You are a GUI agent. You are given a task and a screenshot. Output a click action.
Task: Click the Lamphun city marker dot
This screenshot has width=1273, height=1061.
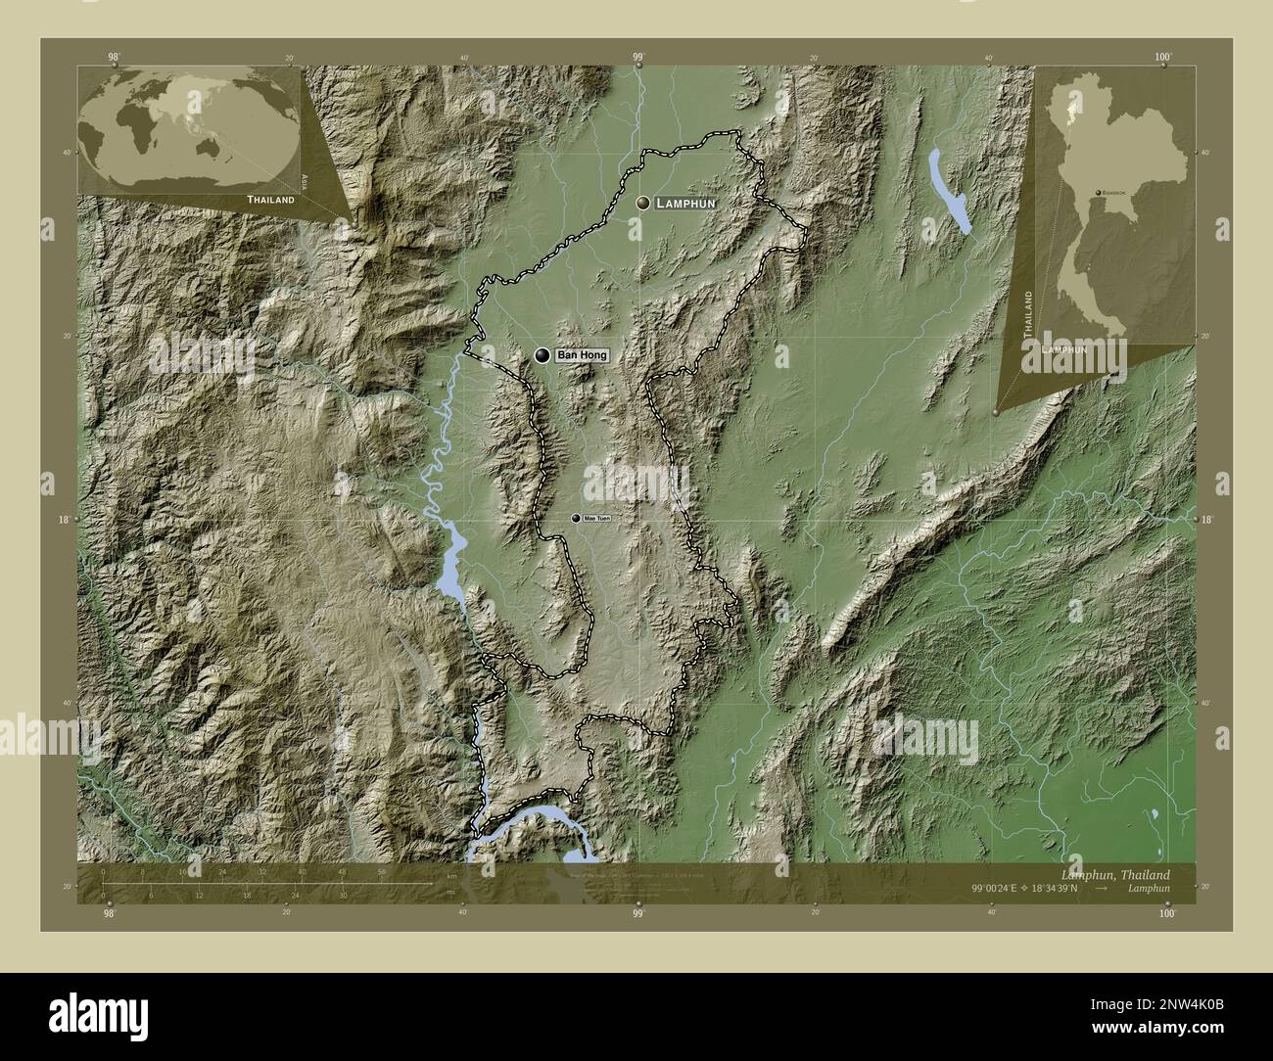pyautogui.click(x=642, y=203)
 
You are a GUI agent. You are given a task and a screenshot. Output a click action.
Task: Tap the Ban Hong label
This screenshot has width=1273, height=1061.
pyautogui.click(x=582, y=355)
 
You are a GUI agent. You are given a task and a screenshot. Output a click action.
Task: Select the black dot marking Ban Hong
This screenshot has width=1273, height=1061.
pyautogui.click(x=542, y=355)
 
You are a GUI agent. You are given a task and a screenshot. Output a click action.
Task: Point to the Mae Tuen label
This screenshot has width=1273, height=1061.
pyautogui.click(x=596, y=518)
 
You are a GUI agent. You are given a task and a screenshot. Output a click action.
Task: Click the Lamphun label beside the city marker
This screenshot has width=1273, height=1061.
pyautogui.click(x=687, y=203)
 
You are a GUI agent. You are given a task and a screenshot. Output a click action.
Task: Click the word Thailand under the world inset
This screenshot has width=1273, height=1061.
pyautogui.click(x=270, y=199)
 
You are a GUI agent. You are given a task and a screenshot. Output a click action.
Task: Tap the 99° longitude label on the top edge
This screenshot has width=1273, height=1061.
pyautogui.click(x=637, y=58)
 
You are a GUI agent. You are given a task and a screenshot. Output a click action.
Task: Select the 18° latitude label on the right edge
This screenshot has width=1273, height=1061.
pyautogui.click(x=1206, y=519)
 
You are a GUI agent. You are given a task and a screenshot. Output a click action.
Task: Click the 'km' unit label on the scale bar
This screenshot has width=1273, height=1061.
pyautogui.click(x=451, y=875)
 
